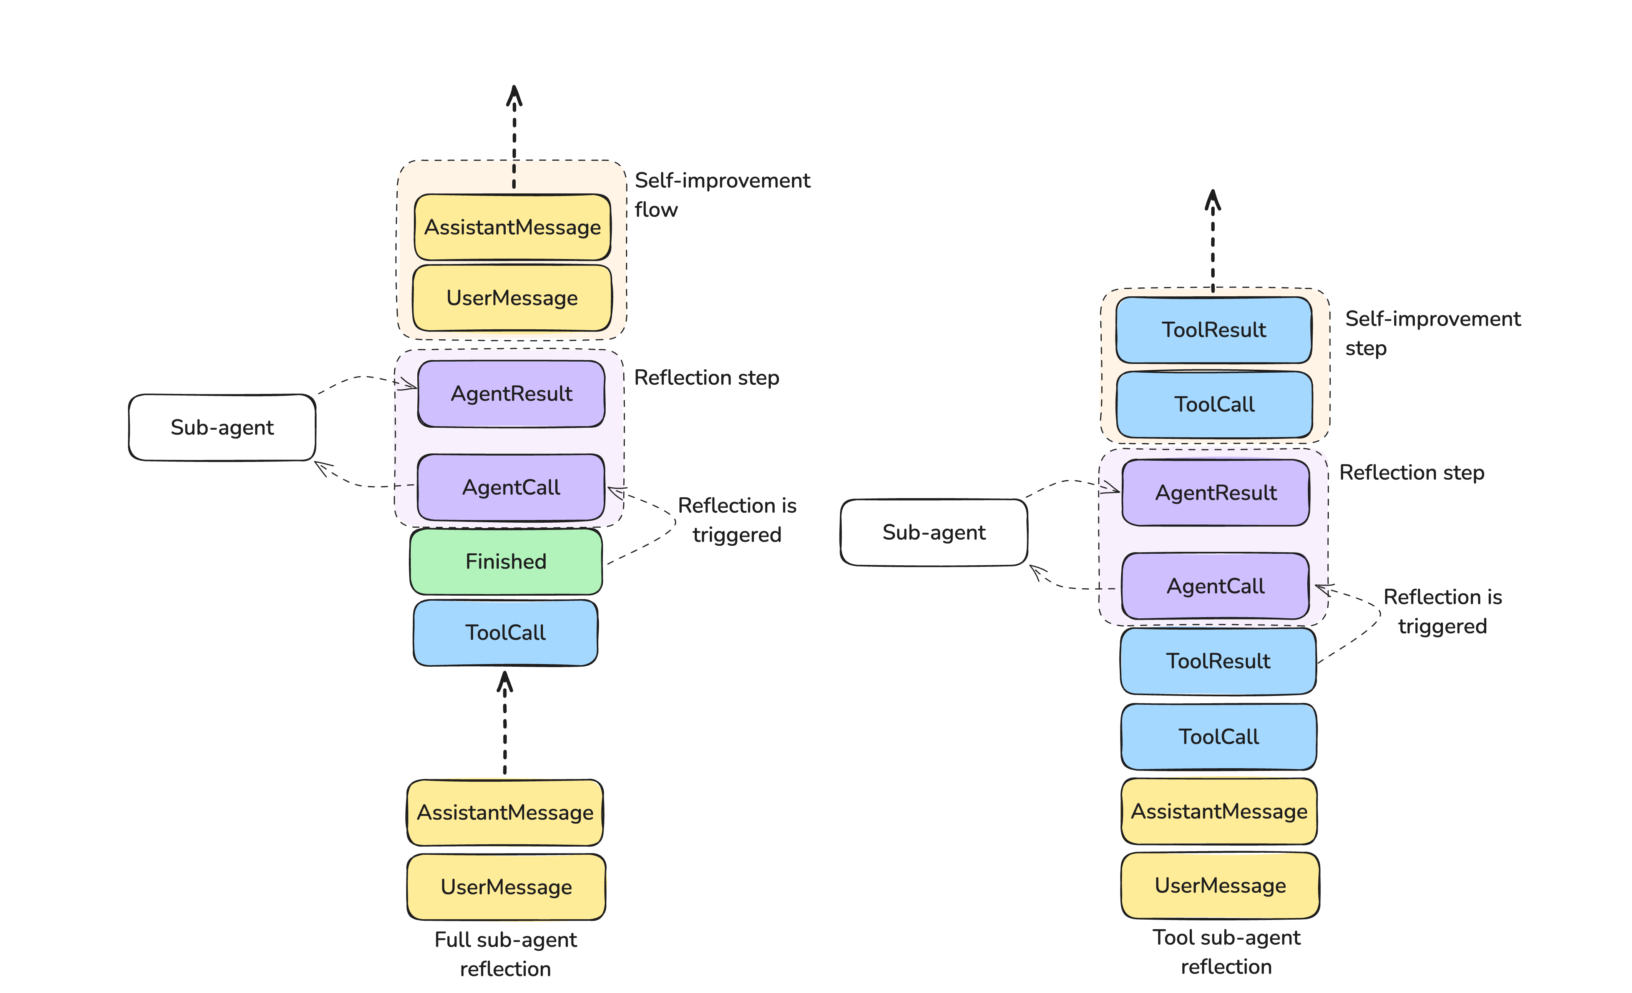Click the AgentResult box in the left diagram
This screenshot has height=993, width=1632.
pyautogui.click(x=511, y=394)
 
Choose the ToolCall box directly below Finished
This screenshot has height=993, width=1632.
pyautogui.click(x=505, y=633)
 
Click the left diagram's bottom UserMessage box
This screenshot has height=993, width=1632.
pyautogui.click(x=506, y=887)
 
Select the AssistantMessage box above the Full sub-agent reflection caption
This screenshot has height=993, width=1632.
pyautogui.click(x=505, y=812)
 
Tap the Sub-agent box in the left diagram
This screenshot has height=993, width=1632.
pyautogui.click(x=222, y=427)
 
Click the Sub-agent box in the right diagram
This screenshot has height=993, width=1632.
pyautogui.click(x=934, y=532)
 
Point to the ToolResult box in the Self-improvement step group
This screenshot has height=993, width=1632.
pyautogui.click(x=1214, y=330)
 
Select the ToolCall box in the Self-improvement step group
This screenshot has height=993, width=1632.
pyautogui.click(x=1214, y=404)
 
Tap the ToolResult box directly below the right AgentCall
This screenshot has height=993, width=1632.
pyautogui.click(x=1218, y=661)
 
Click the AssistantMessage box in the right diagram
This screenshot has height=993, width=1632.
pyautogui.click(x=1219, y=811)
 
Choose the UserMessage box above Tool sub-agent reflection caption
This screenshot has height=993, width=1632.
pyautogui.click(x=1220, y=886)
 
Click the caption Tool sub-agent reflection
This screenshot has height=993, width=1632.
pyautogui.click(x=1226, y=952)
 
